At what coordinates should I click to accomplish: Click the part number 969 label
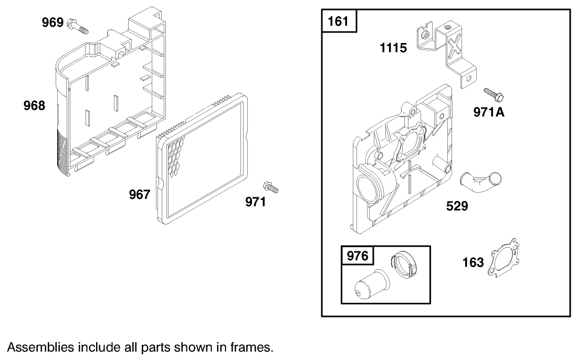pyautogui.click(x=53, y=23)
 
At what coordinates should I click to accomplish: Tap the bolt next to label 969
pyautogui.click(x=78, y=26)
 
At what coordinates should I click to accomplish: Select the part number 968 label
pyautogui.click(x=34, y=105)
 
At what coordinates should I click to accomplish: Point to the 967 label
pyautogui.click(x=140, y=194)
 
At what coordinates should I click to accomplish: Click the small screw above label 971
pyautogui.click(x=270, y=187)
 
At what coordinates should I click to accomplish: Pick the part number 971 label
pyautogui.click(x=255, y=202)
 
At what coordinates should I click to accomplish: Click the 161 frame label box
pyautogui.click(x=339, y=21)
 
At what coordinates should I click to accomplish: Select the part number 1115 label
pyautogui.click(x=393, y=48)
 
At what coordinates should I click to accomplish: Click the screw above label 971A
pyautogui.click(x=494, y=95)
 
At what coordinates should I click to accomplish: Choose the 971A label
pyautogui.click(x=489, y=112)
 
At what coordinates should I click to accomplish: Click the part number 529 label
pyautogui.click(x=457, y=206)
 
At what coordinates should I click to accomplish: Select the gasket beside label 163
pyautogui.click(x=504, y=258)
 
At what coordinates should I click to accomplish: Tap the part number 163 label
pyautogui.click(x=473, y=262)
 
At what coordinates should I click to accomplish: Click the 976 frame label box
pyautogui.click(x=358, y=255)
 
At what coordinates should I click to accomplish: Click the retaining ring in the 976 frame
pyautogui.click(x=404, y=264)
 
